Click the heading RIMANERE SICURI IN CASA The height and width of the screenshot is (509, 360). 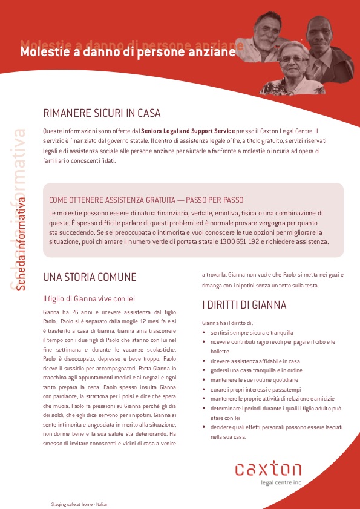[102, 113]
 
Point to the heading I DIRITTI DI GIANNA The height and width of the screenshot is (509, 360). [244, 305]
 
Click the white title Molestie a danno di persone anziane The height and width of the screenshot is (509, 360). [128, 53]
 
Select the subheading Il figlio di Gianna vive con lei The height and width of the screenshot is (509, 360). [88, 298]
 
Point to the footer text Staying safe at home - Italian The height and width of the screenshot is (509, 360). [79, 504]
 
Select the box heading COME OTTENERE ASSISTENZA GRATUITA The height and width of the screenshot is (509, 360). [146, 200]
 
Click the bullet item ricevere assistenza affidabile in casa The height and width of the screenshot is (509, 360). [252, 361]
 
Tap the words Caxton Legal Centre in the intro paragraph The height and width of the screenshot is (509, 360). [287, 131]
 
